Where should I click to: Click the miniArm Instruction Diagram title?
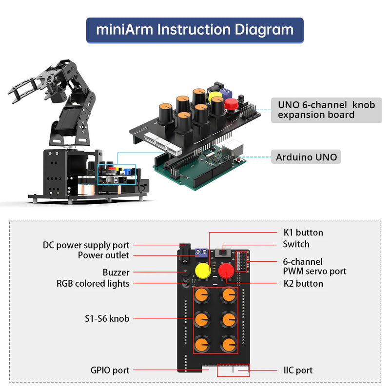coord(195,30)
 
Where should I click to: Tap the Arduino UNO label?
coord(306,157)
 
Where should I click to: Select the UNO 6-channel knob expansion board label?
coord(326,110)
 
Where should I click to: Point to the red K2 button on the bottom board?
coord(226,271)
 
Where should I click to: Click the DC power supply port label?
coord(86,245)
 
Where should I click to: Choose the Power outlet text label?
coord(103,255)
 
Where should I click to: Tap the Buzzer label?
coord(116,273)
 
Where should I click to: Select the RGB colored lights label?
coord(93,283)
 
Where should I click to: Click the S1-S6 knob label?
coord(106,318)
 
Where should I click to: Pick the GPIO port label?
coord(110,370)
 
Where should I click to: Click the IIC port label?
coord(298,370)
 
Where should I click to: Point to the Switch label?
coord(296,244)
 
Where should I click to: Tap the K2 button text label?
coord(303,283)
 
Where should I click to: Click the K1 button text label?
coord(303,233)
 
